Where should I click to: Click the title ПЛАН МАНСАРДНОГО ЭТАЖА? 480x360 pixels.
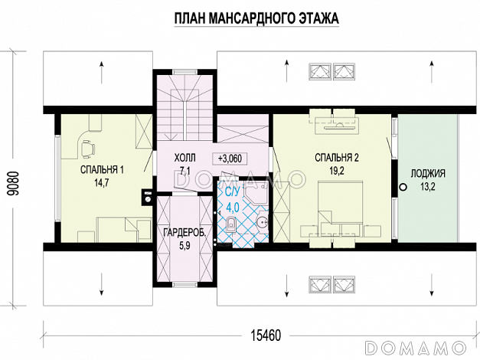pyautogui.click(x=256, y=18)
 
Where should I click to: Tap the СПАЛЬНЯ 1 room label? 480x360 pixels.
pyautogui.click(x=102, y=170)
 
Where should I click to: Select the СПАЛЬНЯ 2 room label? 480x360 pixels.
pyautogui.click(x=337, y=158)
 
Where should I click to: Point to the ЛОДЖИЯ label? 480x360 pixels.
pyautogui.click(x=428, y=174)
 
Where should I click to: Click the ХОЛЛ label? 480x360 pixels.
pyautogui.click(x=185, y=158)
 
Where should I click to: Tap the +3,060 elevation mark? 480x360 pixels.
pyautogui.click(x=230, y=159)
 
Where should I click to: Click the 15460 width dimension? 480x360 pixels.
pyautogui.click(x=266, y=335)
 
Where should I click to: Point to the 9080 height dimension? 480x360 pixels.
pyautogui.click(x=15, y=183)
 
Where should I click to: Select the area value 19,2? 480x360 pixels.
pyautogui.click(x=337, y=171)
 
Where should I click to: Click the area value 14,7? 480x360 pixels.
pyautogui.click(x=102, y=183)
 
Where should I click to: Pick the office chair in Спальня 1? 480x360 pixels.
pyautogui.click(x=87, y=148)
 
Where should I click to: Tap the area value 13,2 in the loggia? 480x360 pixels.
pyautogui.click(x=428, y=187)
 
